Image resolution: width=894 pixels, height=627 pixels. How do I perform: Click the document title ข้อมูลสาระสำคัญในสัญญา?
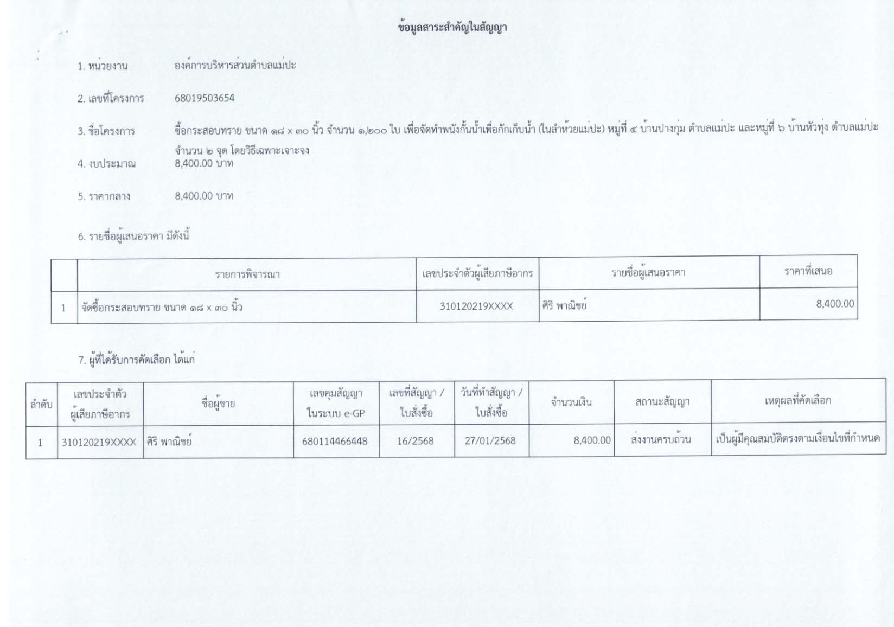452,28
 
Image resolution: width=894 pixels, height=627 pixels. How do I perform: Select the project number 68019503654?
205,98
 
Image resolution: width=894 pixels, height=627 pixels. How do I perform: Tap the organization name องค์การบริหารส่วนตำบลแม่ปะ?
235,66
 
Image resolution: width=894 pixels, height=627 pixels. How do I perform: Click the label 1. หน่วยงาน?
103,66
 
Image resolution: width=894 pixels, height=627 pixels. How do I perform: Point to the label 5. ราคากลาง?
104,196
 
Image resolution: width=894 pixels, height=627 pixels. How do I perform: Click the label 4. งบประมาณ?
106,164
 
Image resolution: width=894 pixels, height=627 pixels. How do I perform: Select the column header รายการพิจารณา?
247,274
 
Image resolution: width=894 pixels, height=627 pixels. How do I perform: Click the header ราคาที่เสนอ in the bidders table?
808,271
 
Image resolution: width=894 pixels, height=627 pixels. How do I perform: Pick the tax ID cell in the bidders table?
476,306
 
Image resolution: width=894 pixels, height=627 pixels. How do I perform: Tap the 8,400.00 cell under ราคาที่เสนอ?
834,304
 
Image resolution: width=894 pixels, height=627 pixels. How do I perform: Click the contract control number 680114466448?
335,442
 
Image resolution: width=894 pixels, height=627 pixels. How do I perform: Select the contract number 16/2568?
416,441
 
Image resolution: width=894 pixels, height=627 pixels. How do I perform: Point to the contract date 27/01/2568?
490,441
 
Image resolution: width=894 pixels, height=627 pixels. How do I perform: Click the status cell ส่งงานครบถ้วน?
661,439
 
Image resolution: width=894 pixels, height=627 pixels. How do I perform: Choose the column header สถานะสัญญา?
662,402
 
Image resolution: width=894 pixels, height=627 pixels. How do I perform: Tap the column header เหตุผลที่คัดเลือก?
797,401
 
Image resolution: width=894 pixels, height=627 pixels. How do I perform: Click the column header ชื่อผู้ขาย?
218,404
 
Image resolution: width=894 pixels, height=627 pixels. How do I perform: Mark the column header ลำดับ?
41,405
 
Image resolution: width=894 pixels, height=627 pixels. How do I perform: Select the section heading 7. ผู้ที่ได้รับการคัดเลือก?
137,360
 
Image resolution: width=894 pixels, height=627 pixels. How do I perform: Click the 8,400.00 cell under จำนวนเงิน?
592,440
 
